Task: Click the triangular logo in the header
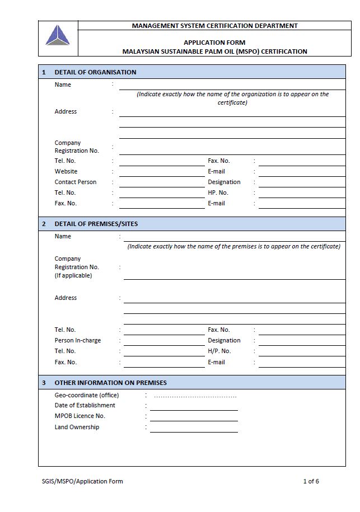58,36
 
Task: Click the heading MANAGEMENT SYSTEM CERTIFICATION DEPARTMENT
214,26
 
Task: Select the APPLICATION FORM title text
214,43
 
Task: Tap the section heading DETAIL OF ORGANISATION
95,72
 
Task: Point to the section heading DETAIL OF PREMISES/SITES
96,224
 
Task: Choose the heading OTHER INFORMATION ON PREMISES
110,383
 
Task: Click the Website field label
66,171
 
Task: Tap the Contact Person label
76,182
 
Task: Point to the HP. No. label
218,192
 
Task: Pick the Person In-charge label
78,340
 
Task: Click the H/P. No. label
219,351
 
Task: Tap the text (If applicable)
73,275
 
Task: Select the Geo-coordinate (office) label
87,394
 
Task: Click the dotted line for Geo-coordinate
195,396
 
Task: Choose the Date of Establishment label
85,405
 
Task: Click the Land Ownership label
77,427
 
